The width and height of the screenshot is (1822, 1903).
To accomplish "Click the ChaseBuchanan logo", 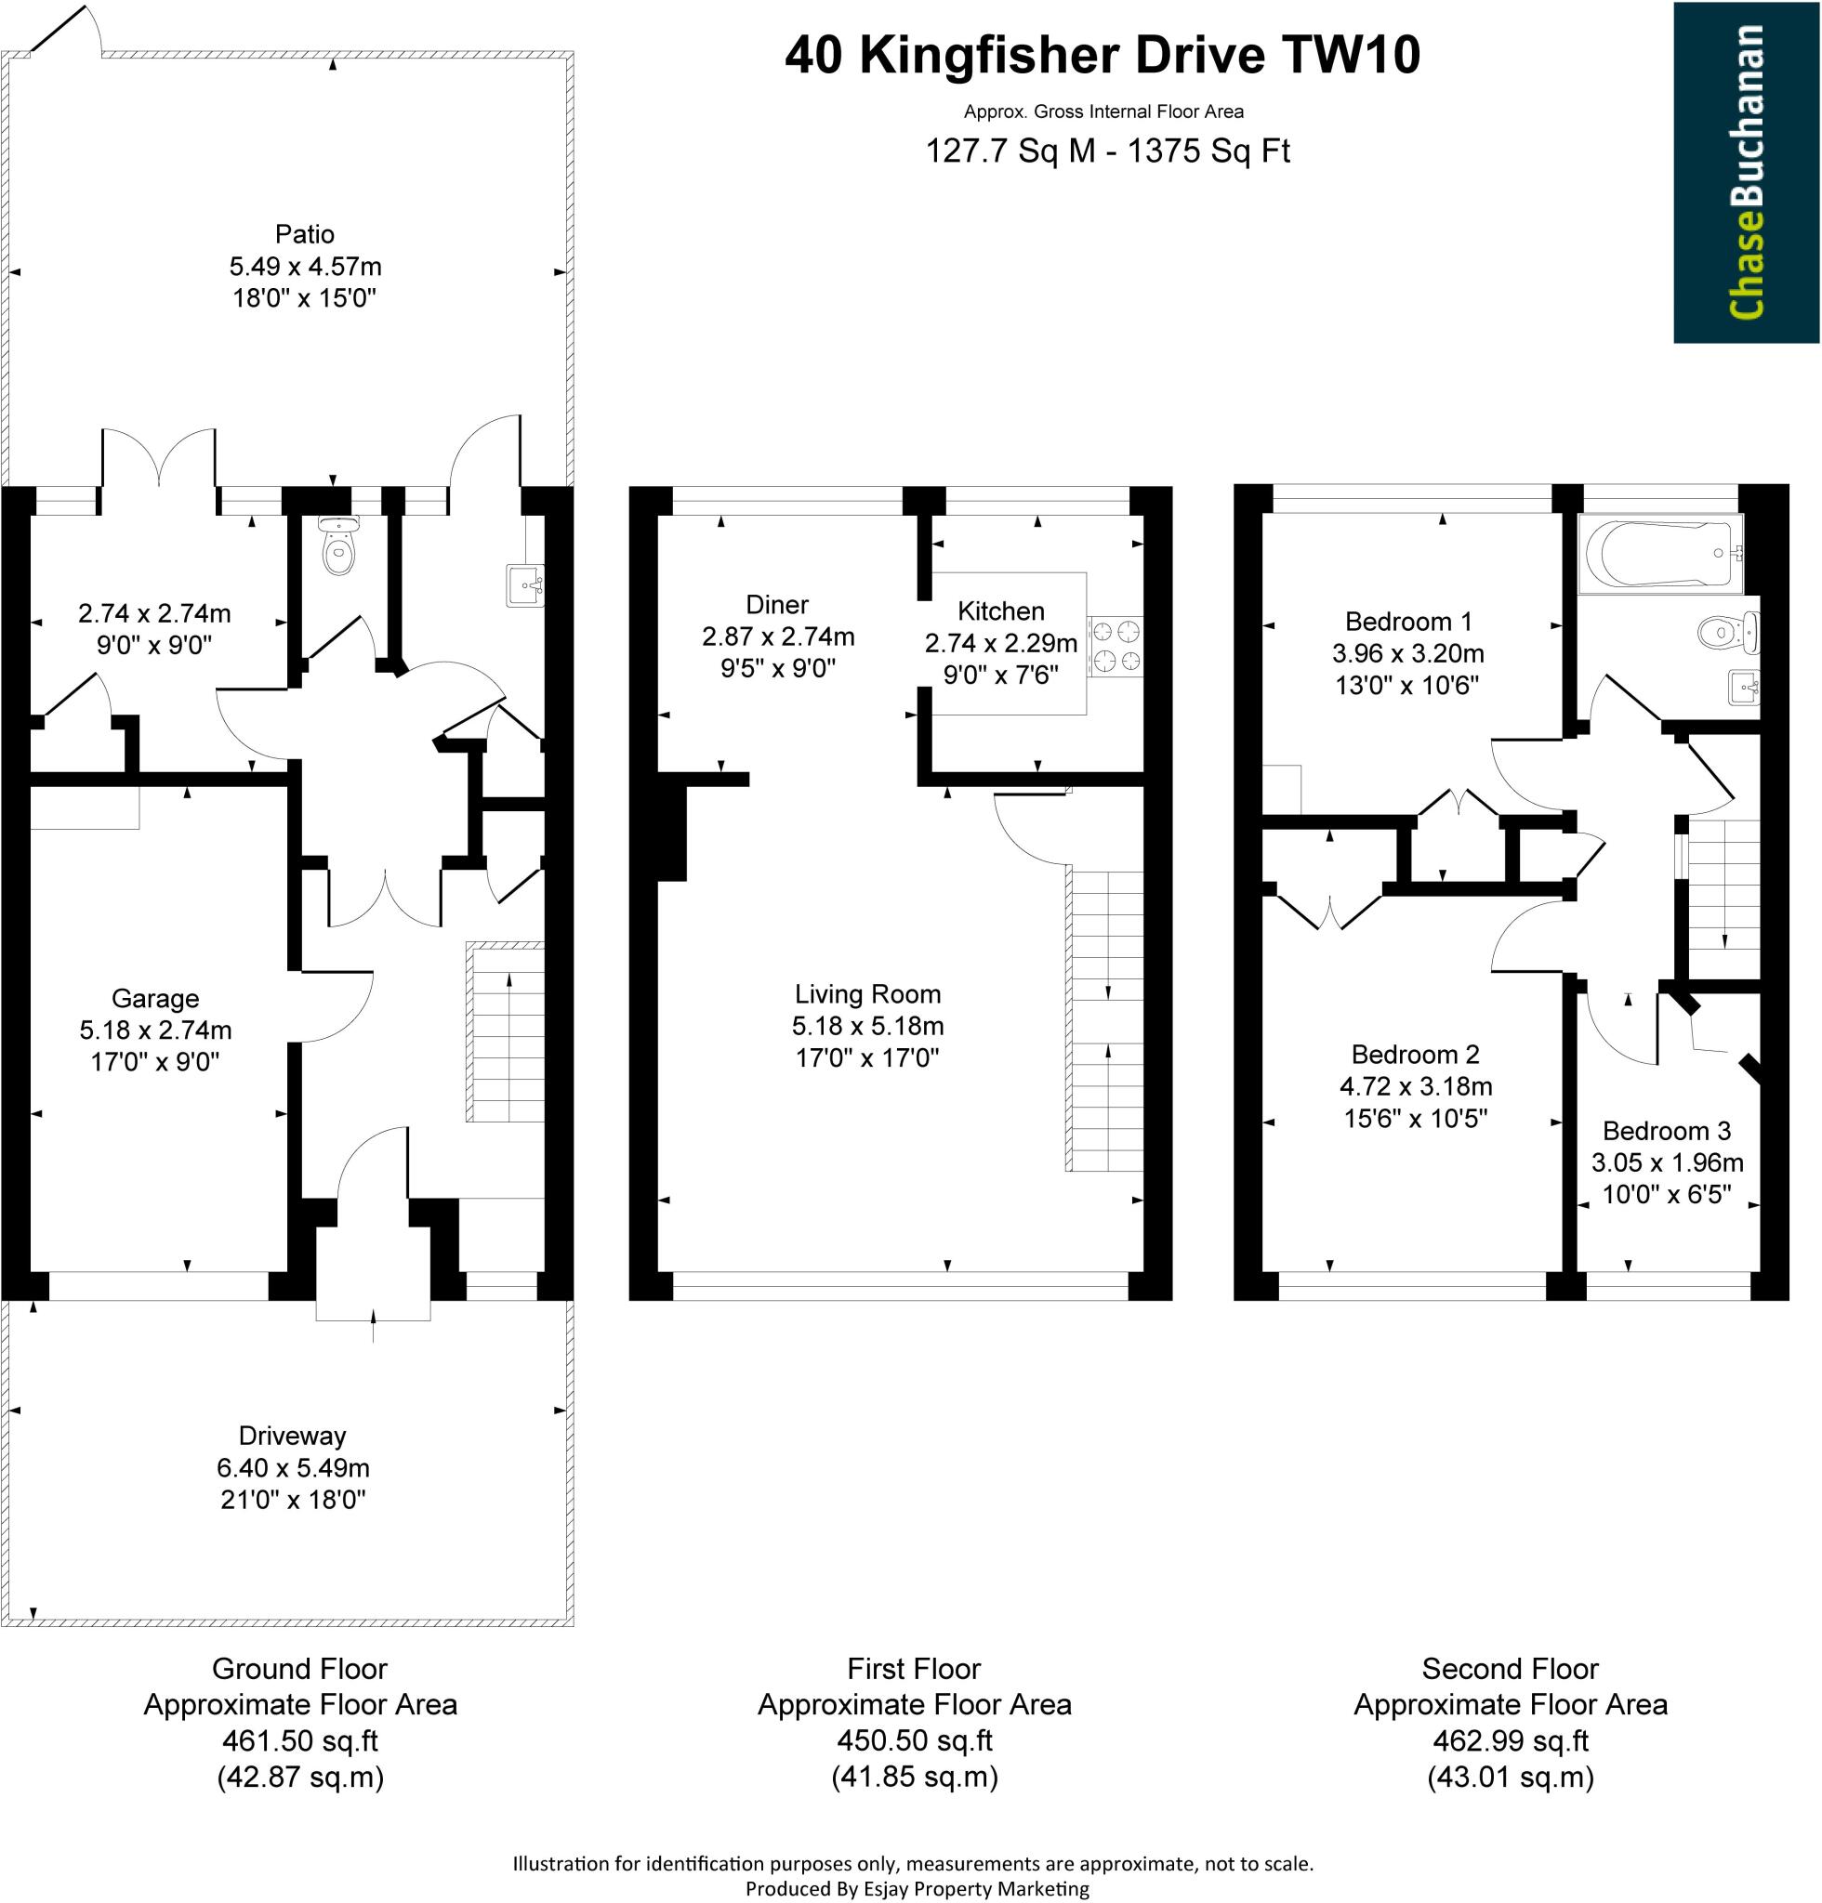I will pyautogui.click(x=1745, y=172).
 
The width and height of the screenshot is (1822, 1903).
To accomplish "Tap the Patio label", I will pyautogui.click(x=304, y=234).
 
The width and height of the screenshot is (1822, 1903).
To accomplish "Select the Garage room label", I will pyautogui.click(x=155, y=998).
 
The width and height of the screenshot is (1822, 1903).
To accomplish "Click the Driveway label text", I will pyautogui.click(x=292, y=1435).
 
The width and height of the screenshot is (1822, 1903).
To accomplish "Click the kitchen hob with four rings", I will pyautogui.click(x=1115, y=646).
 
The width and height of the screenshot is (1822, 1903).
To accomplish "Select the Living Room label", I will pyautogui.click(x=867, y=993).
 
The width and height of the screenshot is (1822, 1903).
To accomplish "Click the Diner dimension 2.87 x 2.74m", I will pyautogui.click(x=778, y=637).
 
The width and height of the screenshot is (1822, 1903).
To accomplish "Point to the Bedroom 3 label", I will pyautogui.click(x=1667, y=1130).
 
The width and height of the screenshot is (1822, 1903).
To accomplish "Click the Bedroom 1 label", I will pyautogui.click(x=1408, y=622).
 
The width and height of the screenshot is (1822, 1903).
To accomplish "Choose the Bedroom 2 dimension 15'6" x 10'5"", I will pyautogui.click(x=1415, y=1119).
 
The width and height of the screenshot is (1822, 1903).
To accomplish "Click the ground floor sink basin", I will pyautogui.click(x=524, y=585).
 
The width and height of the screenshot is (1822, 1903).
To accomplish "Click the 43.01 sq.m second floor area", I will pyautogui.click(x=1511, y=1777).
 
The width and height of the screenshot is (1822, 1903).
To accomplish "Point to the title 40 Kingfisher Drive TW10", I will pyautogui.click(x=1102, y=56).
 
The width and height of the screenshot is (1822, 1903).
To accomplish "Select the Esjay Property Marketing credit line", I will pyautogui.click(x=916, y=1888).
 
